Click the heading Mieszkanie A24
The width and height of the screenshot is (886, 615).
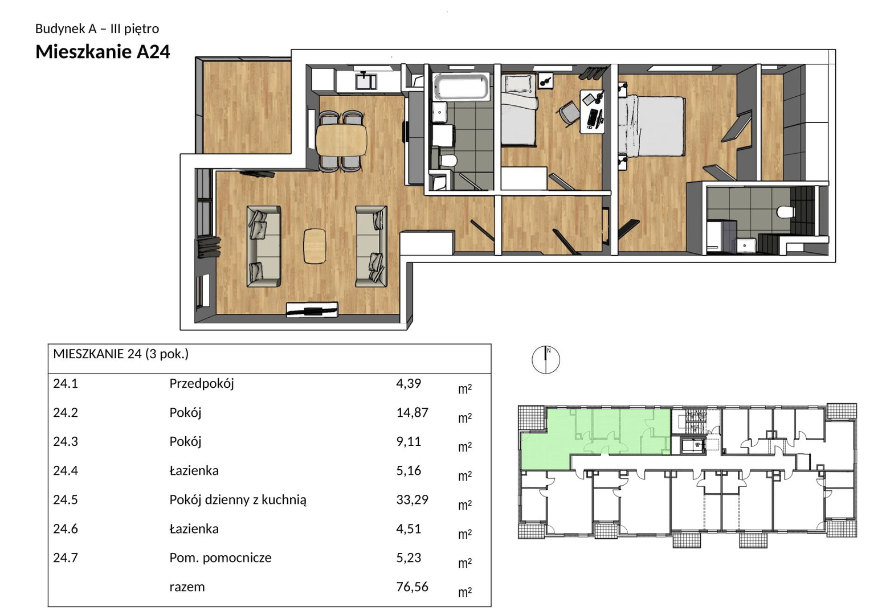tap(103, 52)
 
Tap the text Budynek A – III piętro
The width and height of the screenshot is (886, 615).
tap(97, 29)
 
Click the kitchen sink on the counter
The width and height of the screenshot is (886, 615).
tap(365, 81)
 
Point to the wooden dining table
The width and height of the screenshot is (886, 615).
tap(341, 140)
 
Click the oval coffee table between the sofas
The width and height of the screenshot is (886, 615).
tap(315, 246)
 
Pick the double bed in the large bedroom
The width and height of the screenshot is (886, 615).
tap(651, 127)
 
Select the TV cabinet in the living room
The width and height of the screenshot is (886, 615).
tap(312, 309)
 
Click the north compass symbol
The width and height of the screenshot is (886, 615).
tap(546, 360)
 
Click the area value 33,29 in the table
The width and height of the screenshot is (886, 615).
tap(412, 499)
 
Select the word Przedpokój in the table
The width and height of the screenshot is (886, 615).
tap(202, 384)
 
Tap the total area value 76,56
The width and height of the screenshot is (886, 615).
tap(412, 587)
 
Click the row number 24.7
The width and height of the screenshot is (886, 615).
tap(66, 557)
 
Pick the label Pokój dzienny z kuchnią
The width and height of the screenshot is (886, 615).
tap(238, 500)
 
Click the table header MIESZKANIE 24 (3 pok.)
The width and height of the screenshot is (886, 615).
tap(121, 354)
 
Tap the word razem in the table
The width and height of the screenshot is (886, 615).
tap(187, 587)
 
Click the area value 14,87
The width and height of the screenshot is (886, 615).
tap(412, 413)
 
